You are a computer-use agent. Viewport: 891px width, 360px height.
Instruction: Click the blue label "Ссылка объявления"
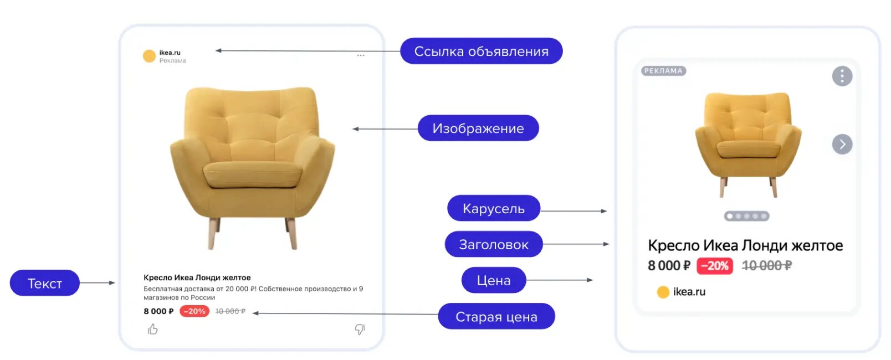click(x=482, y=51)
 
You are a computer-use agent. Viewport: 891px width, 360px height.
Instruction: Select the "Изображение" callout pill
click(x=478, y=128)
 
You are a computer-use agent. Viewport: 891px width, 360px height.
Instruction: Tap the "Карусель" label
click(x=494, y=208)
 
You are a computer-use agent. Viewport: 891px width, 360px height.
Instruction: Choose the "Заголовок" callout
click(x=494, y=244)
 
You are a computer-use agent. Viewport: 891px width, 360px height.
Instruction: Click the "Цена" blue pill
click(x=494, y=280)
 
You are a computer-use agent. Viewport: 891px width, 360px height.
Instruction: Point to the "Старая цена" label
click(x=496, y=316)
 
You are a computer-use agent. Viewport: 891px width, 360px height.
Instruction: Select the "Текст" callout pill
click(x=44, y=283)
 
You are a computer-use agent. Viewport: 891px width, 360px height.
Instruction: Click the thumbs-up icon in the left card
click(x=153, y=329)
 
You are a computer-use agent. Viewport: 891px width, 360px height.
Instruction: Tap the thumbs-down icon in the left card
click(x=360, y=330)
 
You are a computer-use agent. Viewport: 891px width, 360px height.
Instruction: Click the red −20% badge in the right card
click(x=714, y=266)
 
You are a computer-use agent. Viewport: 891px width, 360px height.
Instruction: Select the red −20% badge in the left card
click(x=194, y=311)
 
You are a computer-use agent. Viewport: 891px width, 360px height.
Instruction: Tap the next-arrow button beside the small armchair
click(x=842, y=144)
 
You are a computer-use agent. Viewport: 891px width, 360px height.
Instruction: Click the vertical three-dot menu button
click(x=842, y=76)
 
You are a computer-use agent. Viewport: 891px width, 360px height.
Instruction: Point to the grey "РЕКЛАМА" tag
click(x=663, y=71)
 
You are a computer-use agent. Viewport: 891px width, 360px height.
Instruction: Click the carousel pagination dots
click(x=746, y=216)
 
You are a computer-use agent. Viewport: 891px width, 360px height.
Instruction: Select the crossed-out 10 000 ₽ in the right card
click(x=767, y=266)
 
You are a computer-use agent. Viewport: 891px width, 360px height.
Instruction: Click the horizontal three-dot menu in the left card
click(x=361, y=55)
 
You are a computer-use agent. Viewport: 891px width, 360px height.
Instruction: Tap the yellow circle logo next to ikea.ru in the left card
click(x=149, y=56)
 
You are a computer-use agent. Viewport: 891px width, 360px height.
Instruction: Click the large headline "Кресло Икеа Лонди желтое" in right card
click(x=745, y=245)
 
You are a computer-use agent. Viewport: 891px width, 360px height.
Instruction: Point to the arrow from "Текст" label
click(x=98, y=283)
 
